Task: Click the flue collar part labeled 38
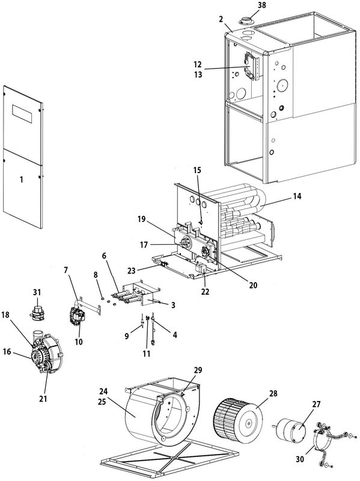coord(246,22)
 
